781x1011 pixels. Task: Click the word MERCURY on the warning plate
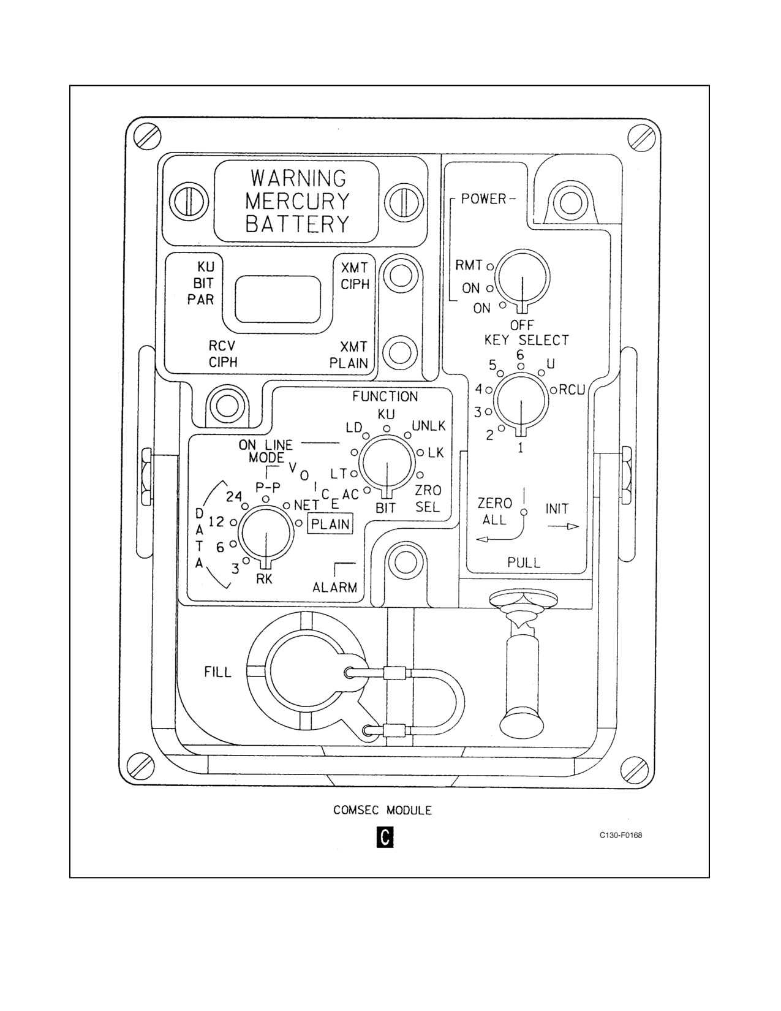click(x=297, y=201)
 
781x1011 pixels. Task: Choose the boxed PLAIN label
click(x=330, y=524)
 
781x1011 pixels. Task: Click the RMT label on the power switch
click(x=469, y=266)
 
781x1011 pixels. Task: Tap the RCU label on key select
click(x=572, y=390)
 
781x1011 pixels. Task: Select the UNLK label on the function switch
click(x=428, y=426)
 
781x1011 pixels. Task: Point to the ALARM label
click(x=335, y=588)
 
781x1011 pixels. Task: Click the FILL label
click(x=217, y=672)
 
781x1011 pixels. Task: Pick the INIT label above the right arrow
click(x=557, y=509)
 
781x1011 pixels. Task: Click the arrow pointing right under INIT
click(x=564, y=527)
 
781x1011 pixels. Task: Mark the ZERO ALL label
click(x=494, y=511)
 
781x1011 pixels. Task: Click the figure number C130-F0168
click(x=621, y=835)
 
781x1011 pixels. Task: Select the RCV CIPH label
click(x=223, y=354)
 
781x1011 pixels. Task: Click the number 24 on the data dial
click(x=234, y=497)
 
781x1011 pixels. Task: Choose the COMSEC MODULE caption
click(x=382, y=810)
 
